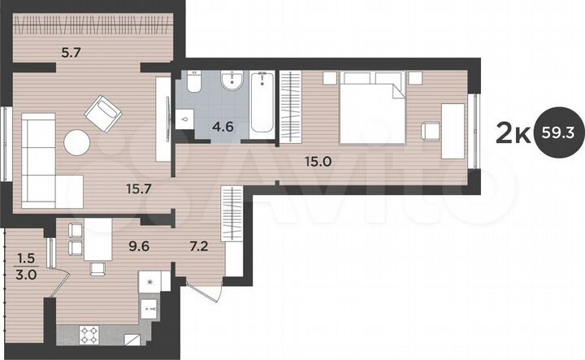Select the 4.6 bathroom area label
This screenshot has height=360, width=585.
pos(201,125)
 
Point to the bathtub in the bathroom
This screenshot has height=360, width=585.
pos(262,104)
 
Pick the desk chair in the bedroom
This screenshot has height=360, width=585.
pos(429,129)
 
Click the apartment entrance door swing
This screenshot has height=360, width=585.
pos(203,293)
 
